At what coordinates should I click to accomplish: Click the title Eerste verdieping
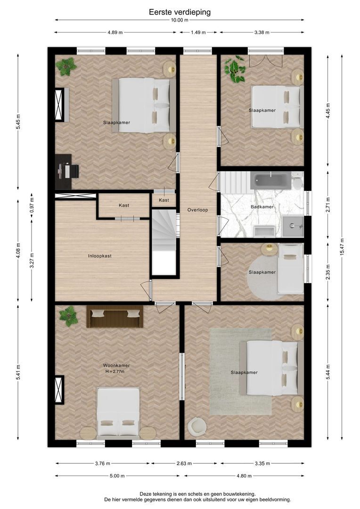[x=180, y=12]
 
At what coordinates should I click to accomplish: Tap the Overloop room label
[x=197, y=210]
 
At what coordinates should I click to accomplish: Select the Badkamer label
[x=262, y=206]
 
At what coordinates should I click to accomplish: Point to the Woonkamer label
[x=116, y=365]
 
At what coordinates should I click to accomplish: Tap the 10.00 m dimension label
[x=180, y=20]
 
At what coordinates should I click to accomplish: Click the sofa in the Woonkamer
[x=115, y=317]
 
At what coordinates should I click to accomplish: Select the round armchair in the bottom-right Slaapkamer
[x=196, y=427]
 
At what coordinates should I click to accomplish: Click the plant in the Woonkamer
[x=69, y=316]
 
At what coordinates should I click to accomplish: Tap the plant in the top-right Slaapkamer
[x=234, y=69]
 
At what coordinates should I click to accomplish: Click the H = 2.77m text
[x=116, y=372]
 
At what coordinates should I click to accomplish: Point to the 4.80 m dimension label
[x=247, y=476]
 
